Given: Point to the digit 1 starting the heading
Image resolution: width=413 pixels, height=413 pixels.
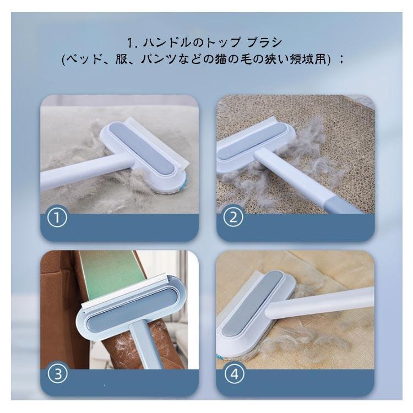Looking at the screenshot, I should tap(130, 42).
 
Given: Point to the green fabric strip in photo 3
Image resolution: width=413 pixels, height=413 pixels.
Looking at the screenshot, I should tap(107, 270).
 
